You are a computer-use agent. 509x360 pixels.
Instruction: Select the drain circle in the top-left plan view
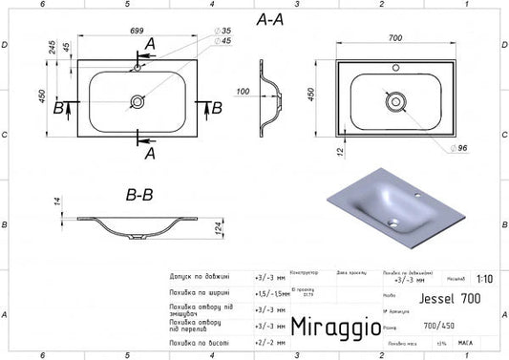138,97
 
